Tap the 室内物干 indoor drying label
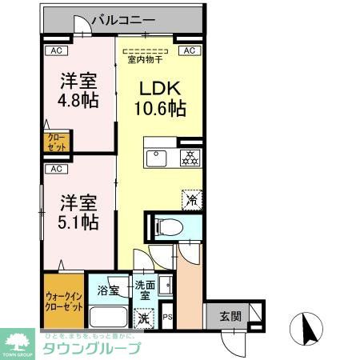[x=146, y=58]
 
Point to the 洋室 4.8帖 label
[x=79, y=90]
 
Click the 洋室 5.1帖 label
[x=79, y=213]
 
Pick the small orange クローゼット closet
[x=56, y=143]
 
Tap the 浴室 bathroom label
[x=107, y=290]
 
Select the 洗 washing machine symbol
[x=142, y=318]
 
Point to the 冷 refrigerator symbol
[x=192, y=197]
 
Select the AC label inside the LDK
[x=190, y=50]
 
